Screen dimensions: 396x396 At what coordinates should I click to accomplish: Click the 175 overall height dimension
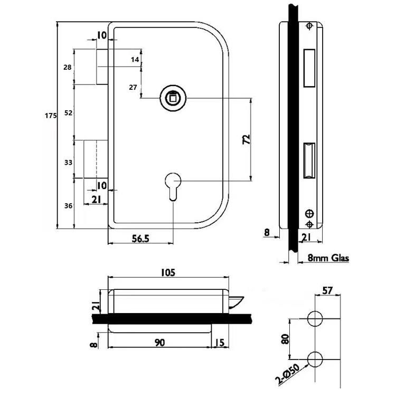pos(50,117)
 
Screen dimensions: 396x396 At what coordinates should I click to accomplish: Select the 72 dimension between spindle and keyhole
pos(247,139)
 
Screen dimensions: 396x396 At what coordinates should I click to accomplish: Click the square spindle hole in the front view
pos(172,97)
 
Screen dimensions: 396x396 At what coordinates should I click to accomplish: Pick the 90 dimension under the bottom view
pos(159,343)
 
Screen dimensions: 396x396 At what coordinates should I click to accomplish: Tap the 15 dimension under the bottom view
pos(221,343)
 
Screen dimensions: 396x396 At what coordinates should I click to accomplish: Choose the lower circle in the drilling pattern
pos(316,359)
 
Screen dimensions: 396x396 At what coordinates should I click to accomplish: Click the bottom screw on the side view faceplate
pos(309,214)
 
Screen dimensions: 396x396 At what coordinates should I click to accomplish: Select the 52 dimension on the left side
pos(68,112)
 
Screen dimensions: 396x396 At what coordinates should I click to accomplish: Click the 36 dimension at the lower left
pos(68,205)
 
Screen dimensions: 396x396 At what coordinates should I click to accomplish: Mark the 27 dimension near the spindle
pos(133,87)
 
